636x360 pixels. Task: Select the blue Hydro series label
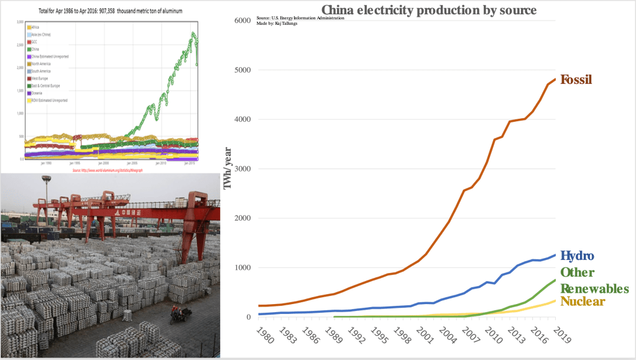pos(577,256)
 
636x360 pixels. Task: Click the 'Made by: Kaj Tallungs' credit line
pos(277,23)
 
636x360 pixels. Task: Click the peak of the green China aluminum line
pos(193,33)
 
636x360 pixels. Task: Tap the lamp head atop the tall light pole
pos(45,180)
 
